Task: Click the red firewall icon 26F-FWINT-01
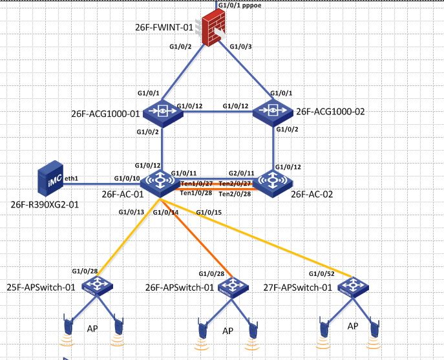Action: click(x=213, y=28)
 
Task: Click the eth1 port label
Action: click(x=72, y=177)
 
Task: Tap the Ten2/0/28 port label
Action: click(x=235, y=193)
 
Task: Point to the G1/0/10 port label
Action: click(x=125, y=178)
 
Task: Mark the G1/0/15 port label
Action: click(x=208, y=212)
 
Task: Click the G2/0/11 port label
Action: click(x=241, y=173)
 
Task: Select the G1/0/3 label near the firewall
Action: click(x=242, y=46)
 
